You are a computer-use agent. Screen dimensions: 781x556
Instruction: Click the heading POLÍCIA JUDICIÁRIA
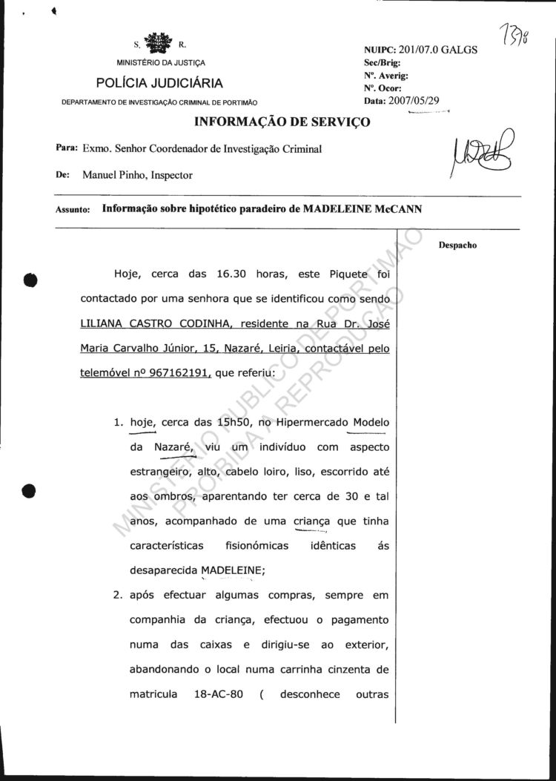coord(160,83)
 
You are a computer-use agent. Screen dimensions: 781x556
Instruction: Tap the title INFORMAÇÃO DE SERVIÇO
coord(282,121)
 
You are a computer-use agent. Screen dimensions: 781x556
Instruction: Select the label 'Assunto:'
coord(73,210)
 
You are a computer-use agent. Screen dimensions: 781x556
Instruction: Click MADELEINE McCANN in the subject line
coord(362,209)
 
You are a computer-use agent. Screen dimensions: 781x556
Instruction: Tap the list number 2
coord(117,596)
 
